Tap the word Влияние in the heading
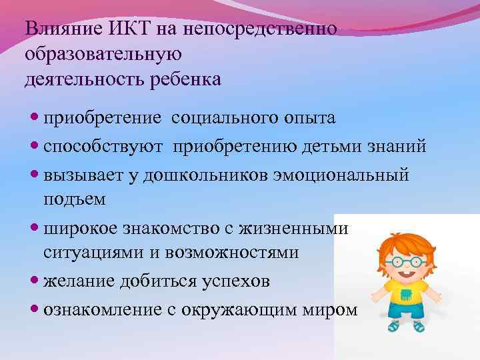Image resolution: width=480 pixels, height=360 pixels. click(61, 30)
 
